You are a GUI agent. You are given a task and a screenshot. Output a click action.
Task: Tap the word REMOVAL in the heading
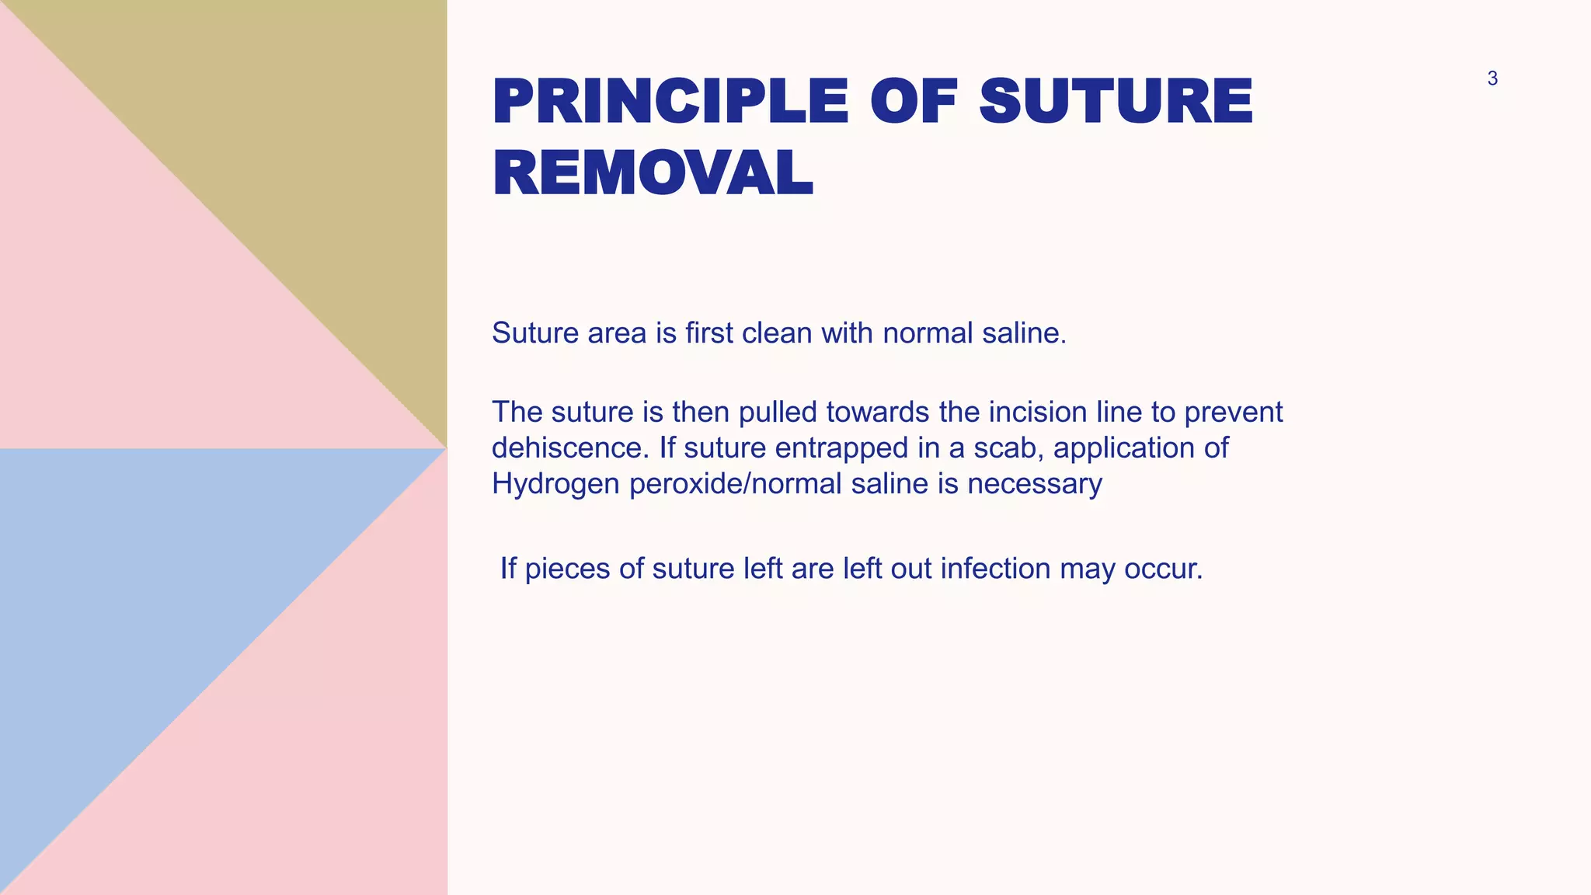[x=653, y=172]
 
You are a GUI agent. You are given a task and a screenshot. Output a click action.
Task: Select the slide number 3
[x=1492, y=78]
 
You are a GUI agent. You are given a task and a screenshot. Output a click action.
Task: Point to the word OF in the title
[x=914, y=102]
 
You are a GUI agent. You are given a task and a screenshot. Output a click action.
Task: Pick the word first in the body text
[x=708, y=333]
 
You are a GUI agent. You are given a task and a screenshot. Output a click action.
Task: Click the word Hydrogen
[x=556, y=484]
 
